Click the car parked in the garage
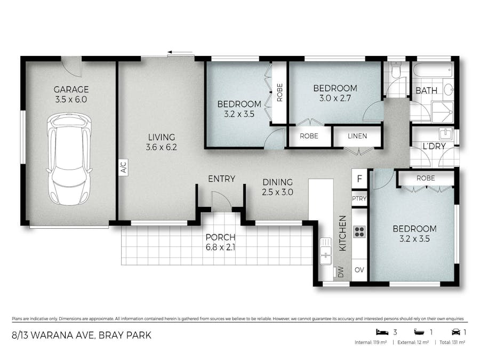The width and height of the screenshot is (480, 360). click(x=68, y=159)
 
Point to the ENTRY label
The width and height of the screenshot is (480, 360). click(x=221, y=179)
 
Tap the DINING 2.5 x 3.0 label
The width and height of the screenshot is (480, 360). click(x=277, y=187)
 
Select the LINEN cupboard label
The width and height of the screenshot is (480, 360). click(x=357, y=136)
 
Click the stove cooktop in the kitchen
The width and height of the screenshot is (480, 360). click(x=359, y=232)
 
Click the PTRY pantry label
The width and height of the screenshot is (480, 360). click(x=358, y=199)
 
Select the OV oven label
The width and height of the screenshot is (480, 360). click(x=359, y=270)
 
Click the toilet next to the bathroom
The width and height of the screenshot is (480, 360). click(x=395, y=70)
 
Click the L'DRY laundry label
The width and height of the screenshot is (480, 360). click(x=434, y=146)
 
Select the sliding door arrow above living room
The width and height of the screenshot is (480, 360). click(x=180, y=53)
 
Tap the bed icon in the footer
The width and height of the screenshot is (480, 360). click(x=380, y=332)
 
